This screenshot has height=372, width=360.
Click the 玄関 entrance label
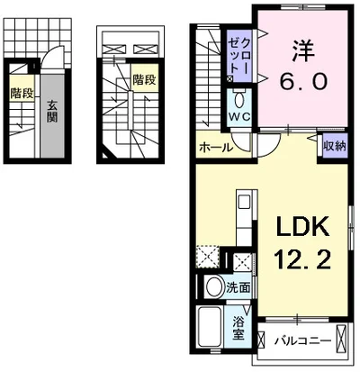(51, 111)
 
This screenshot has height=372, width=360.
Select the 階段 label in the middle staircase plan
(144, 79)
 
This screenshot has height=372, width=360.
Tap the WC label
(238, 116)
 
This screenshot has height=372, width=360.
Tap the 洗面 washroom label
(238, 288)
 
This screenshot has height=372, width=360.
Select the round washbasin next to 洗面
(214, 288)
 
